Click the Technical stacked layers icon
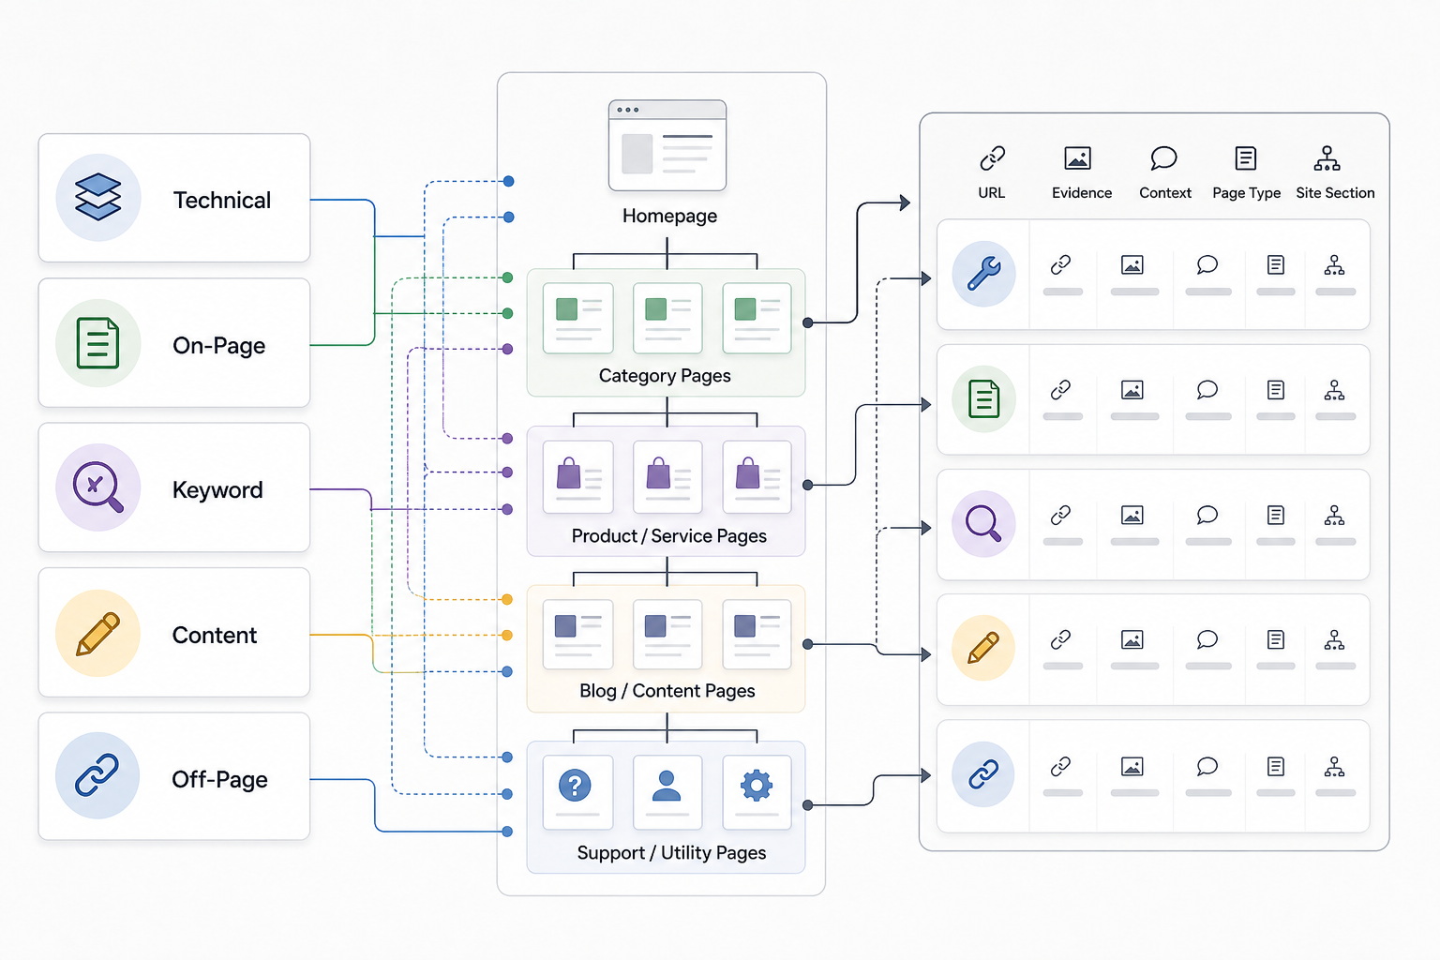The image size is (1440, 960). tap(97, 197)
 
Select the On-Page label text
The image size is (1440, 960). tap(218, 345)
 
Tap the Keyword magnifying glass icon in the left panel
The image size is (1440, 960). tap(97, 487)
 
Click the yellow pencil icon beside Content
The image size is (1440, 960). tap(97, 634)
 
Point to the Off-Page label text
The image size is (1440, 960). tap(219, 779)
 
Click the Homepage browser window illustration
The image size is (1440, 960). tap(667, 145)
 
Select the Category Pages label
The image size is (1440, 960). tap(665, 376)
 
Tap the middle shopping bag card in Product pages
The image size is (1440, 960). tap(667, 476)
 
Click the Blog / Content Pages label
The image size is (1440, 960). tap(667, 691)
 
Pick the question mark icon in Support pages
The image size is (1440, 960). tap(575, 785)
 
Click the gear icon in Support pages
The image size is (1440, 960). tap(756, 785)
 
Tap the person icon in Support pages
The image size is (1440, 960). tap(666, 786)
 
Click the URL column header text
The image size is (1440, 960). tap(991, 193)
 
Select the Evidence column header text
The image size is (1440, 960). tap(1081, 193)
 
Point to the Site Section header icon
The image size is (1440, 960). tap(1327, 158)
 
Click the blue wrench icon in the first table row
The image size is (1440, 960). tap(983, 273)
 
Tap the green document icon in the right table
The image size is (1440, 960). tap(983, 398)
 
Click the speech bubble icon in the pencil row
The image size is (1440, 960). tap(1207, 639)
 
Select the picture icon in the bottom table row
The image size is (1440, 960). tap(1132, 767)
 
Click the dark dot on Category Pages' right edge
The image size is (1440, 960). tap(808, 322)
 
